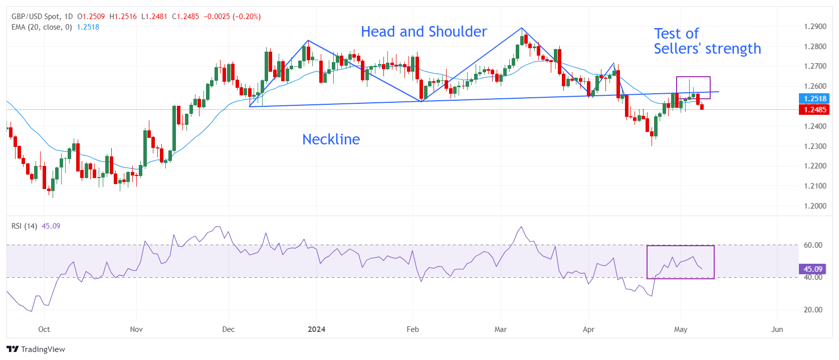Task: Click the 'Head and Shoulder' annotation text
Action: (x=424, y=32)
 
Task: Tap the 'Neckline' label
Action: (x=331, y=139)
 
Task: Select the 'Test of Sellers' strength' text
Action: (x=707, y=41)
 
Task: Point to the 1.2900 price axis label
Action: (x=815, y=27)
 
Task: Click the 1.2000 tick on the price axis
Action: (x=815, y=206)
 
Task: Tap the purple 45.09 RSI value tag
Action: (x=813, y=269)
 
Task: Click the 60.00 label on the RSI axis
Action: (x=813, y=245)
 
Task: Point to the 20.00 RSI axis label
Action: (x=813, y=310)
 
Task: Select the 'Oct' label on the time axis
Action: (x=44, y=329)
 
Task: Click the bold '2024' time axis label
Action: (x=316, y=329)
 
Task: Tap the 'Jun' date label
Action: (x=777, y=329)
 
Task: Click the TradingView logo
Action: (x=36, y=349)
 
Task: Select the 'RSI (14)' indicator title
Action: (x=24, y=226)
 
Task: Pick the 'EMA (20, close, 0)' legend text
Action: (x=42, y=27)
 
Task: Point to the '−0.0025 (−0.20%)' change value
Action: (x=232, y=17)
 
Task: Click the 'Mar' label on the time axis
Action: (x=500, y=329)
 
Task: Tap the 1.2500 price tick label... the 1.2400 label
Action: (x=815, y=126)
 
